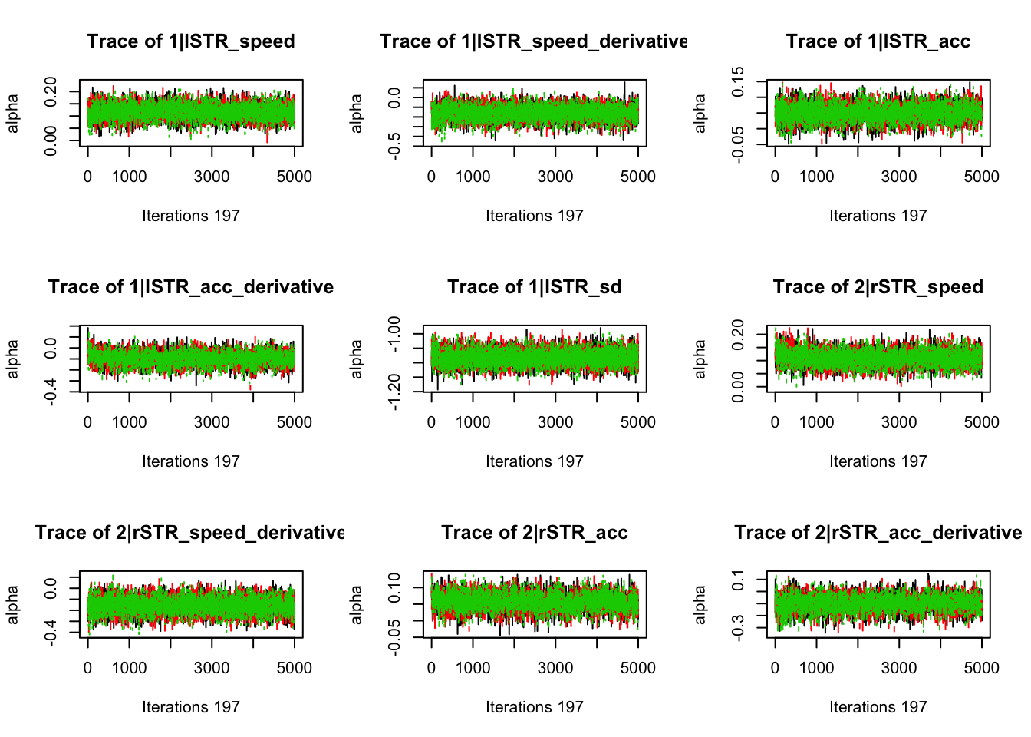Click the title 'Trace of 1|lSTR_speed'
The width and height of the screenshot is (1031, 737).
point(191,41)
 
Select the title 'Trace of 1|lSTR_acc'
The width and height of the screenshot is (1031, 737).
point(878,41)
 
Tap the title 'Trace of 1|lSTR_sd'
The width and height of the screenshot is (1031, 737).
point(535,287)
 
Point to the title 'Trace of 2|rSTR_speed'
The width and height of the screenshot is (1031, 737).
point(878,287)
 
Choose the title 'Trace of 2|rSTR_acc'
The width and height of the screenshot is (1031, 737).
point(535,533)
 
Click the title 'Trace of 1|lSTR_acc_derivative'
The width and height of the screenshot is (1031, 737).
point(191,287)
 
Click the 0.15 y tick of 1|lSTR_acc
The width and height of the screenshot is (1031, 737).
point(738,81)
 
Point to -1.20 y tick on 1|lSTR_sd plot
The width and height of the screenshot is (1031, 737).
point(394,392)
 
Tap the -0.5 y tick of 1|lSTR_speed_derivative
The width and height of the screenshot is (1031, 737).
point(394,145)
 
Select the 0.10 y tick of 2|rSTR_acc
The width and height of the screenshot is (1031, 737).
point(394,587)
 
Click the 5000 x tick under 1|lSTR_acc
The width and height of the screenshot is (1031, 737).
point(982,177)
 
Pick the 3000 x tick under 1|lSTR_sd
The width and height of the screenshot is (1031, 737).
point(555,422)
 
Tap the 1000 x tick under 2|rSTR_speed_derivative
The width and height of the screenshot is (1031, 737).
point(129,668)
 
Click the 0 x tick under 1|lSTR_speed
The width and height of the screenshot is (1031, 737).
point(87,177)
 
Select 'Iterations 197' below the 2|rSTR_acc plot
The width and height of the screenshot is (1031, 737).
point(535,707)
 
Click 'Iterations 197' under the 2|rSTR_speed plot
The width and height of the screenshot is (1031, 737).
point(878,461)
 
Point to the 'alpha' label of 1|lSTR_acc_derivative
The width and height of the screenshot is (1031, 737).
point(13,359)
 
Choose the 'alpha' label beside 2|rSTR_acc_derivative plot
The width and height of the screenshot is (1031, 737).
point(700,604)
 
